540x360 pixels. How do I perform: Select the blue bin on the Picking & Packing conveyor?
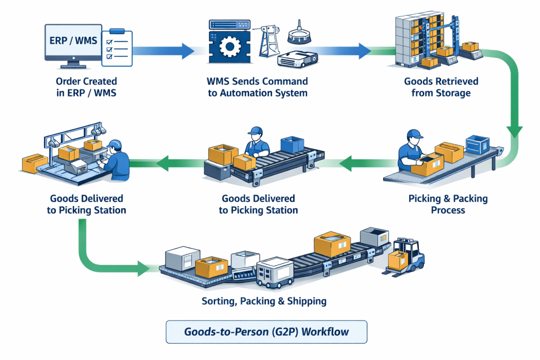478,144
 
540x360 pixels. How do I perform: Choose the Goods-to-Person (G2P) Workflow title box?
266,333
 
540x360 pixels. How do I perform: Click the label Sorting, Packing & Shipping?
264,301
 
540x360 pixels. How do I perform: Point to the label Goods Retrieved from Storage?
441,87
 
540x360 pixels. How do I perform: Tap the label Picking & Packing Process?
448,204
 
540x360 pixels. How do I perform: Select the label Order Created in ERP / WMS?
86,87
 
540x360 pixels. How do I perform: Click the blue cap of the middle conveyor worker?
256,130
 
